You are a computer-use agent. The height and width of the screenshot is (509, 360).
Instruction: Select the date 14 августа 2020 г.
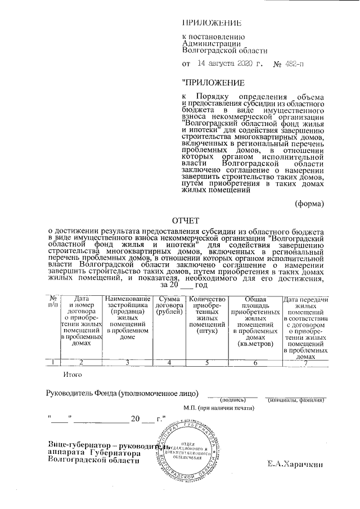tap(228, 64)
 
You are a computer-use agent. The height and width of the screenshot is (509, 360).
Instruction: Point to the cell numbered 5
tap(208, 362)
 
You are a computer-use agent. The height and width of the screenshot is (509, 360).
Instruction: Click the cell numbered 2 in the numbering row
tap(82, 362)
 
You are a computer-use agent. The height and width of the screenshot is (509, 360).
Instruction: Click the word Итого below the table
tap(74, 374)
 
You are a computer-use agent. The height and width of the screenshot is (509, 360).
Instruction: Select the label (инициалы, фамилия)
tap(295, 400)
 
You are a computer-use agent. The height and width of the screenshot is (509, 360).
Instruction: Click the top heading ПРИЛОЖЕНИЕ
tap(212, 23)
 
